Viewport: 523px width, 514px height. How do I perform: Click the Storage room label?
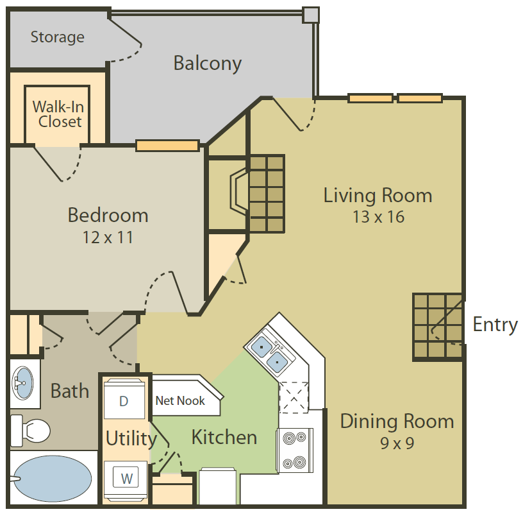[58, 37]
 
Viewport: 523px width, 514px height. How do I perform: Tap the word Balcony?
[208, 64]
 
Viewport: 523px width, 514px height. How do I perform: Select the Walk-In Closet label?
[59, 114]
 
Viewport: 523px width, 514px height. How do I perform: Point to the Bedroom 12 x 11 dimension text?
[108, 237]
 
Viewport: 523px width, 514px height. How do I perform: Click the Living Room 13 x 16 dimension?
[379, 217]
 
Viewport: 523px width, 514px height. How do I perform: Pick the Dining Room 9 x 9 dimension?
[397, 443]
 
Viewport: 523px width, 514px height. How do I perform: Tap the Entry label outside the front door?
[495, 325]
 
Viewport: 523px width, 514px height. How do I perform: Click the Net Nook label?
[180, 400]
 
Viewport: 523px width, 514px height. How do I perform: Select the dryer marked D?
[124, 400]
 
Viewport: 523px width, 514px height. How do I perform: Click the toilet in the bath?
[30, 431]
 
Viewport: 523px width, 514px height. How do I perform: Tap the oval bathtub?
[53, 479]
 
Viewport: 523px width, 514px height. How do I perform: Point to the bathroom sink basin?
[22, 382]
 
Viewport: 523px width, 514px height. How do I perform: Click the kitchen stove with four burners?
[295, 450]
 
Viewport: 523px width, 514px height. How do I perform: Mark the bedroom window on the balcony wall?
[167, 146]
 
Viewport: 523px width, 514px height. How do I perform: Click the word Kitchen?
[224, 437]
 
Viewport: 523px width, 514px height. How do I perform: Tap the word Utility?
[131, 438]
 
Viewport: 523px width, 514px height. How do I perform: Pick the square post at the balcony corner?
[311, 15]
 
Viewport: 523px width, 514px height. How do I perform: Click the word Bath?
[70, 390]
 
